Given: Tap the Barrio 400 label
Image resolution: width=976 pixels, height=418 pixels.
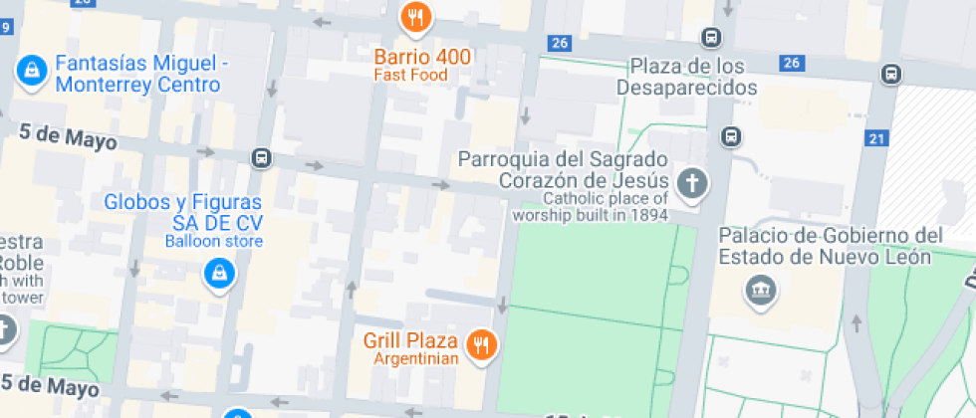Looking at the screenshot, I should click(x=422, y=57).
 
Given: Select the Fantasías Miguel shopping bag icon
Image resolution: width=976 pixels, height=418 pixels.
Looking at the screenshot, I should click(x=32, y=70).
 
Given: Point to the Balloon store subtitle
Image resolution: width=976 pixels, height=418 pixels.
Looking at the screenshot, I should click(x=214, y=241).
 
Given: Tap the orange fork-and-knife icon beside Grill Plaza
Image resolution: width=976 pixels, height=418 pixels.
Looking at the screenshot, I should click(x=482, y=344).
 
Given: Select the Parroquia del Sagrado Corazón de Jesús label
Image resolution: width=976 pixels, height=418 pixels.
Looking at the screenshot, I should click(x=563, y=170).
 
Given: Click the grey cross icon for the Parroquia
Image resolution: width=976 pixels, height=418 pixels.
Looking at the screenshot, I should click(x=690, y=183).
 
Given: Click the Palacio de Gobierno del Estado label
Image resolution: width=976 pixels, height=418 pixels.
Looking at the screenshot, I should click(x=830, y=246).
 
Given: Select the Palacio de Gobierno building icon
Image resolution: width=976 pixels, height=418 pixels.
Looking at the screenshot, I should click(x=762, y=291).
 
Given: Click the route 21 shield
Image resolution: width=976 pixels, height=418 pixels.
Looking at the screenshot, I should click(x=876, y=138).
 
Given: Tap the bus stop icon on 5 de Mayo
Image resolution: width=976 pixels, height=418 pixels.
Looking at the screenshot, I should click(x=261, y=157).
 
